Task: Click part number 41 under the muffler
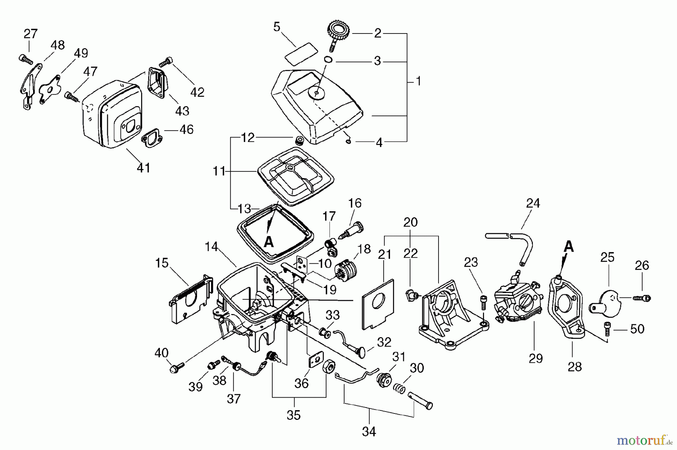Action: pos(144,168)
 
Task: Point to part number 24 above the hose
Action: pos(533,203)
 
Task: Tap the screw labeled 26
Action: pos(642,298)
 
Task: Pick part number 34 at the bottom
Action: pos(369,431)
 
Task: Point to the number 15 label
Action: pos(162,263)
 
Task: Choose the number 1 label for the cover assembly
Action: pos(418,81)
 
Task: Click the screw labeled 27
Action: pos(24,58)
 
